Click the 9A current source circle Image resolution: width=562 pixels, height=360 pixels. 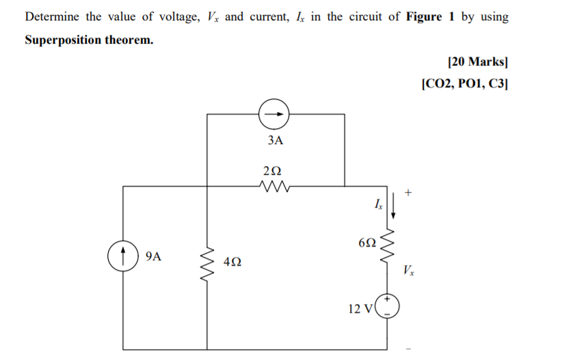click(x=124, y=258)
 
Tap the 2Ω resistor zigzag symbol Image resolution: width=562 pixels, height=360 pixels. click(x=276, y=185)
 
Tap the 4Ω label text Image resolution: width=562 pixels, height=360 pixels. click(x=232, y=262)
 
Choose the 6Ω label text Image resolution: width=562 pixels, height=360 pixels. click(x=366, y=243)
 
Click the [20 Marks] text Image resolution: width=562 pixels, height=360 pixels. click(x=477, y=62)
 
